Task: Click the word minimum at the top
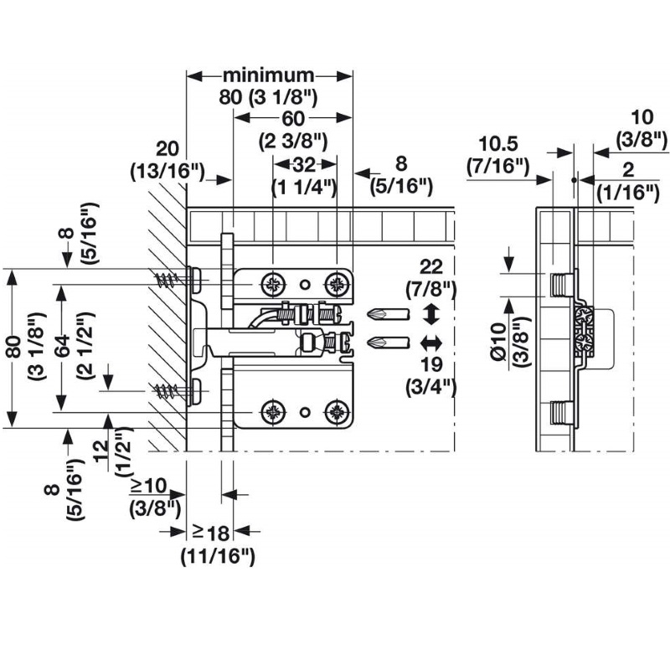(x=268, y=75)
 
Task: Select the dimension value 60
(x=293, y=118)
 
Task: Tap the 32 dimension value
(x=304, y=164)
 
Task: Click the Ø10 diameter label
(x=498, y=343)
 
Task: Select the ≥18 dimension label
(x=211, y=533)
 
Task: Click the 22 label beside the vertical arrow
(x=431, y=266)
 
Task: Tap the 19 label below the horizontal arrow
(x=431, y=364)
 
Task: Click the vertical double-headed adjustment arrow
(x=430, y=314)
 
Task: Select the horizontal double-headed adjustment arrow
(x=430, y=343)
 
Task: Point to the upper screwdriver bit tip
(x=368, y=315)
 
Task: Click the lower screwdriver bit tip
(x=368, y=343)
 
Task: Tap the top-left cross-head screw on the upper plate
(x=273, y=284)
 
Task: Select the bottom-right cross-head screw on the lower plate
(x=338, y=412)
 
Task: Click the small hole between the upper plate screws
(x=304, y=284)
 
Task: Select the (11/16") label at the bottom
(x=218, y=557)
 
